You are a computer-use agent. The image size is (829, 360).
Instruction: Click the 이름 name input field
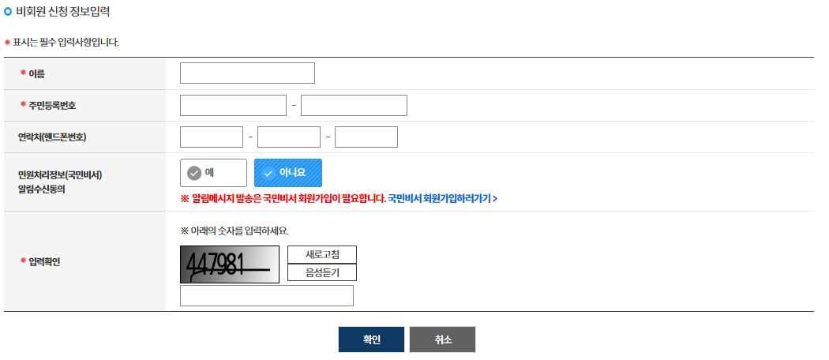(x=247, y=73)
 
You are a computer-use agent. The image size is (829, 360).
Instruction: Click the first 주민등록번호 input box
(x=233, y=105)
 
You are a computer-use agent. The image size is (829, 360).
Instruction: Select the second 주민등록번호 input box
(x=354, y=105)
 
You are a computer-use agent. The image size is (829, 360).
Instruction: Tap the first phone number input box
(x=212, y=137)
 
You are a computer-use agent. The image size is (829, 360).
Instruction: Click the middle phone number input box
(x=289, y=137)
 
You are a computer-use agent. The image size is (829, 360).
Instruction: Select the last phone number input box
(x=366, y=137)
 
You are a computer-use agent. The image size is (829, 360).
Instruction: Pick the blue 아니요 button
(x=288, y=173)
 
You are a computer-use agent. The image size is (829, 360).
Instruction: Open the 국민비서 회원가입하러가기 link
(x=442, y=198)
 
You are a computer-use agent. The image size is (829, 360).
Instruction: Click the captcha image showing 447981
(x=230, y=264)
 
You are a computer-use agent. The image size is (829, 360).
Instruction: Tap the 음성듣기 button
(x=321, y=273)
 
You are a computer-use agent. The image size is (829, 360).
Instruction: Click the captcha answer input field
(x=267, y=295)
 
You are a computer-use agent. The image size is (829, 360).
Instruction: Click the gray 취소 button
(x=442, y=339)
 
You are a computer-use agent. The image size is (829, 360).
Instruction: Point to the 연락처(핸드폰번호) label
(x=52, y=137)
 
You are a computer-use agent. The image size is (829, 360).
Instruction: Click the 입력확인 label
(x=44, y=261)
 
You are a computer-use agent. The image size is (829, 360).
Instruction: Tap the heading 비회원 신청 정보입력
(x=62, y=12)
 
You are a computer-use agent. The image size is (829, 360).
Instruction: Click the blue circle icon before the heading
(x=8, y=12)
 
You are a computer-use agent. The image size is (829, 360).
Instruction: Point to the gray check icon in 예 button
(x=194, y=173)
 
